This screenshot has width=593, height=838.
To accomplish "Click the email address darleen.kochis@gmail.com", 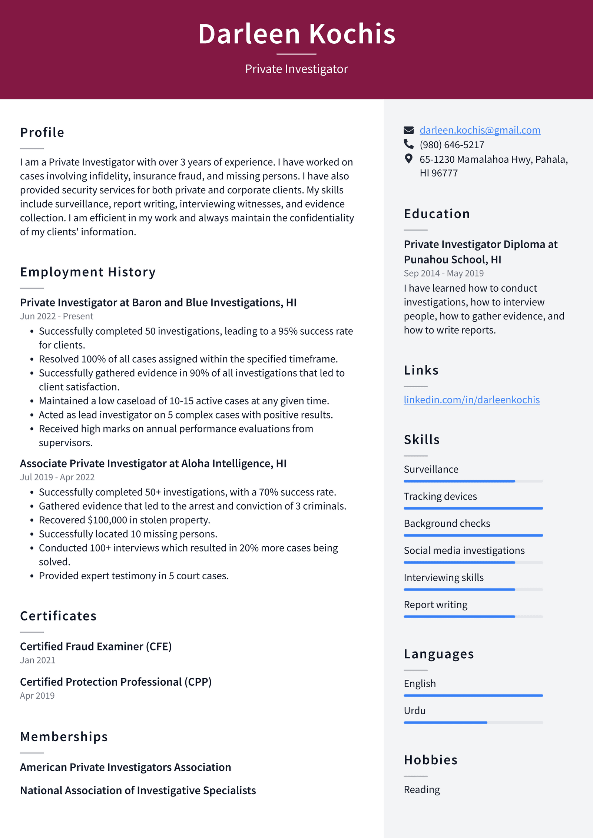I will click(x=480, y=130).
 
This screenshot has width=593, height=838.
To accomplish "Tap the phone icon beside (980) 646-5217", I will click(x=408, y=144).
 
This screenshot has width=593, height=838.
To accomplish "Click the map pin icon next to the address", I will click(x=408, y=159).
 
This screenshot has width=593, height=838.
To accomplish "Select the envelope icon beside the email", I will click(x=408, y=130).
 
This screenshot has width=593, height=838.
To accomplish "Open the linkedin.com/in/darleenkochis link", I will click(x=471, y=400).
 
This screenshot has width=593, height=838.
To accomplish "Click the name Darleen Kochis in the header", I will click(x=296, y=34).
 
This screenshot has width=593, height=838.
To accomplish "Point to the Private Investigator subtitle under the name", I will click(x=296, y=69).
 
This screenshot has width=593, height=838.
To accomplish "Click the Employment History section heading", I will click(x=88, y=272).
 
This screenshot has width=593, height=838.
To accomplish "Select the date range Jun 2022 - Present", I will click(x=56, y=316).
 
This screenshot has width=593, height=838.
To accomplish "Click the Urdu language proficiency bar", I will click(x=473, y=722).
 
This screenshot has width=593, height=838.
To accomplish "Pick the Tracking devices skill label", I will click(x=440, y=496).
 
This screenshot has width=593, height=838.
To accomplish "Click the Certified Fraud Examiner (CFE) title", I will click(x=96, y=646).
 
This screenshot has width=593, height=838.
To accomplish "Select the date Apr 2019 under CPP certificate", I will click(x=37, y=696).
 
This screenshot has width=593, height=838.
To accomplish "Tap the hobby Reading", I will click(x=422, y=789).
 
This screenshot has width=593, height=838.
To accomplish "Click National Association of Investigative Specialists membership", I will click(x=138, y=791).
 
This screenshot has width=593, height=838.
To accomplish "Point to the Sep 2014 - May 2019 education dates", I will click(x=444, y=273).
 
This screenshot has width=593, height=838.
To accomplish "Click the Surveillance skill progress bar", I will click(x=473, y=481).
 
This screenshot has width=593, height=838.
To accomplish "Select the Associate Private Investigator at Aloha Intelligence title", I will click(x=153, y=463).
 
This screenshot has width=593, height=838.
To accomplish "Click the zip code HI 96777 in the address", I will click(x=438, y=173).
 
